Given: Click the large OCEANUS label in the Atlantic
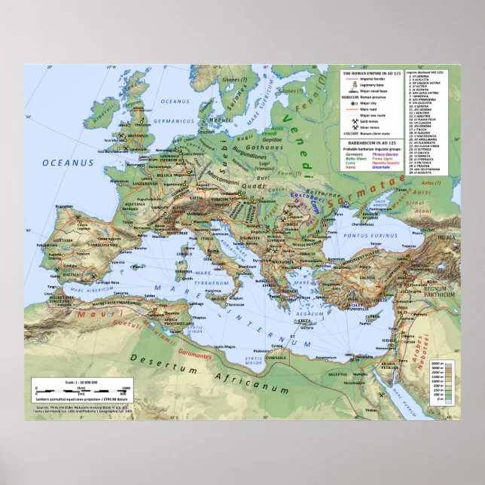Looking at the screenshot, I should (x=67, y=162).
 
